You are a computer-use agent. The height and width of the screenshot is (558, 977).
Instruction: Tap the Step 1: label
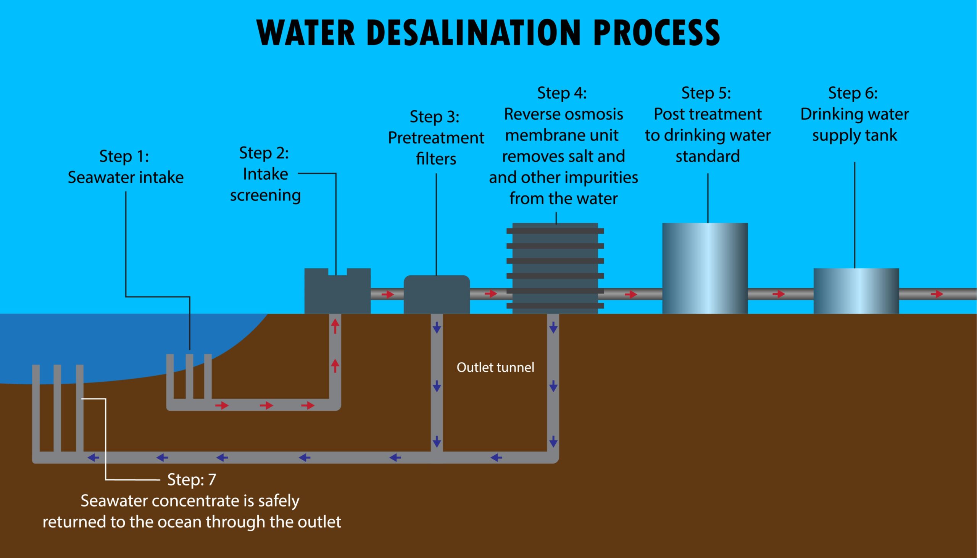[x=124, y=156]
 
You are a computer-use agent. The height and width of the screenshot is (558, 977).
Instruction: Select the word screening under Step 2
[x=265, y=195]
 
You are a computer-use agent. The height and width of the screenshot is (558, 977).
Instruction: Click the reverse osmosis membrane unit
[x=555, y=268]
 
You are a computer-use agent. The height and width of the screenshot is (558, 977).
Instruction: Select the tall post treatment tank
[x=705, y=268]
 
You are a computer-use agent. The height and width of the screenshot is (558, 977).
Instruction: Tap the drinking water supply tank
[x=856, y=291]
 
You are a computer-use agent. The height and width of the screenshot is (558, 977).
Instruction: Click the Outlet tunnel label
[x=495, y=368]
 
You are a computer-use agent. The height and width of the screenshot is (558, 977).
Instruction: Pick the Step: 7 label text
[x=192, y=480]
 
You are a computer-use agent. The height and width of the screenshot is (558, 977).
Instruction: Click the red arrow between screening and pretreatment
[x=388, y=294]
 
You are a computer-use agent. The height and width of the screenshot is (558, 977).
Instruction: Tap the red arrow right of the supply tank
[x=937, y=294]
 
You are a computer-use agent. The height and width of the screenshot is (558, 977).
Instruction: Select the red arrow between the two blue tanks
[x=779, y=294]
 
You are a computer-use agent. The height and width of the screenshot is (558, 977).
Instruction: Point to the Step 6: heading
[x=853, y=93]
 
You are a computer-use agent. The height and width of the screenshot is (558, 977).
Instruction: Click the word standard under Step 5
[x=707, y=156]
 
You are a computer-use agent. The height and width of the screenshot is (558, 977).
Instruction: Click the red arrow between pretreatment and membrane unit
[x=490, y=294]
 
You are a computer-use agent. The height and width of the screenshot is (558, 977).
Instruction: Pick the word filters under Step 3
[x=436, y=159]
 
